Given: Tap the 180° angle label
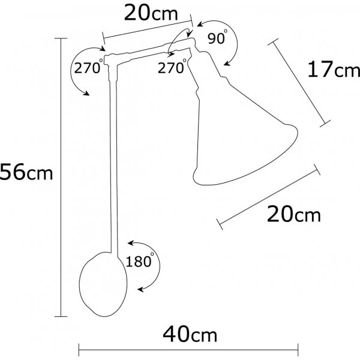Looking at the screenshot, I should (140, 261).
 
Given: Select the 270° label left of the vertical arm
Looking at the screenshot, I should (86, 67).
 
